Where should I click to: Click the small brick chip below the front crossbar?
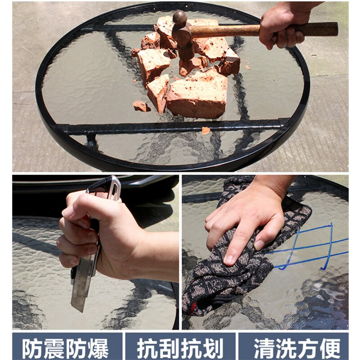[x=206, y=130]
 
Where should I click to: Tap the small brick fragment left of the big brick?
[x=140, y=106]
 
